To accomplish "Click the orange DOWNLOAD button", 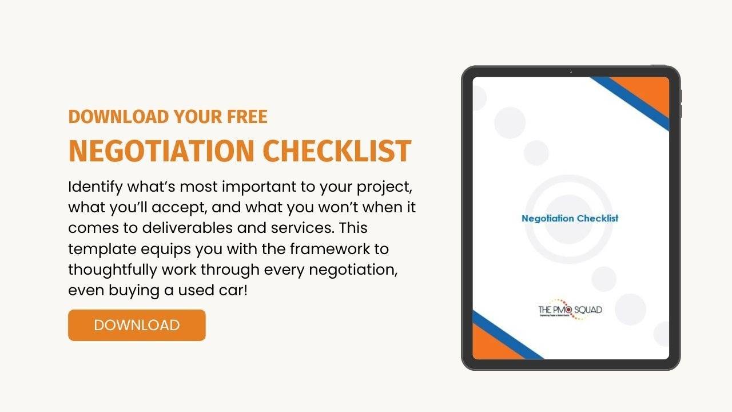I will [137, 325].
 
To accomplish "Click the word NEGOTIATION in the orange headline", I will [161, 150].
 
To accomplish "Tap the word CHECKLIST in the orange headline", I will [337, 150].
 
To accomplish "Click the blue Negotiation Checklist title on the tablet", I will [570, 218].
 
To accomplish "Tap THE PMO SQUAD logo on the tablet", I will [570, 311].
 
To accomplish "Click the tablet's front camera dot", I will [571, 72].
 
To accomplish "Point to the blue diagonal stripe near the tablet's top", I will [629, 103].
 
